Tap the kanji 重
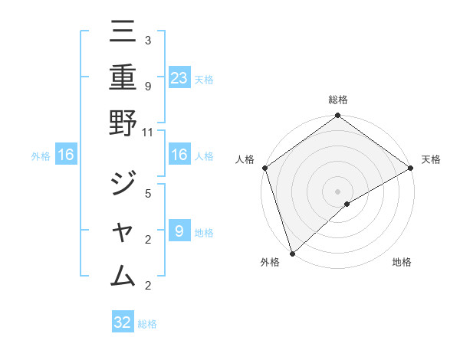tap(123, 78)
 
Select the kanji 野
tap(123, 123)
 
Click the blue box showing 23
tap(179, 77)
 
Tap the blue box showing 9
tap(179, 231)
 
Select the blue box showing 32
tap(123, 322)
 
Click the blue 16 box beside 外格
tap(66, 155)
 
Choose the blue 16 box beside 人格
tap(179, 155)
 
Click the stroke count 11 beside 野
tap(147, 133)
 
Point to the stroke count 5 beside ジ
tap(147, 193)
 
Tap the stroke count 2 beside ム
tap(147, 286)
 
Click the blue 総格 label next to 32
tap(147, 324)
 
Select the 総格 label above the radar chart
tap(337, 100)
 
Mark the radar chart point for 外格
tap(291, 254)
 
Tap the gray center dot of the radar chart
tap(337, 190)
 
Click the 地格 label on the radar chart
tap(402, 262)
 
